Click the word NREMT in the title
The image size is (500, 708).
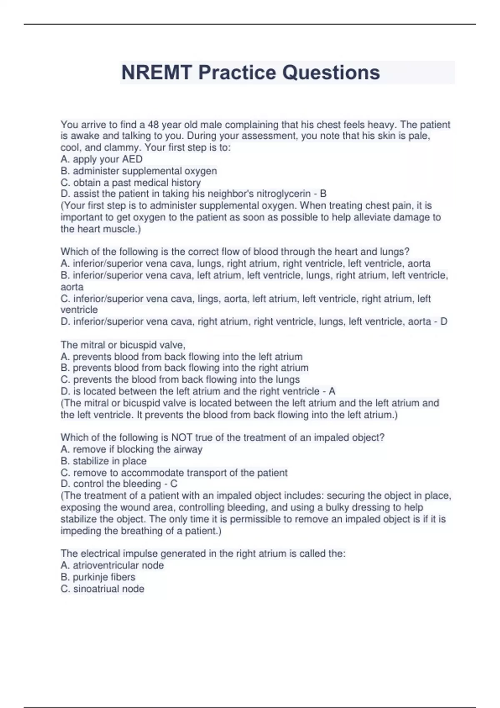click(157, 72)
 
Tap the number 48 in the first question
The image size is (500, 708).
click(153, 125)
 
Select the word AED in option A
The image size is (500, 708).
click(132, 159)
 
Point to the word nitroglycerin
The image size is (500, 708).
click(283, 194)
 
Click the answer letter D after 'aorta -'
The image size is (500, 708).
click(443, 322)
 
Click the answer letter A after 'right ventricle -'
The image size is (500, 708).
click(332, 391)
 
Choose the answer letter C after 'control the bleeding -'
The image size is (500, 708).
click(174, 484)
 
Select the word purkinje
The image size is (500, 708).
click(91, 577)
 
